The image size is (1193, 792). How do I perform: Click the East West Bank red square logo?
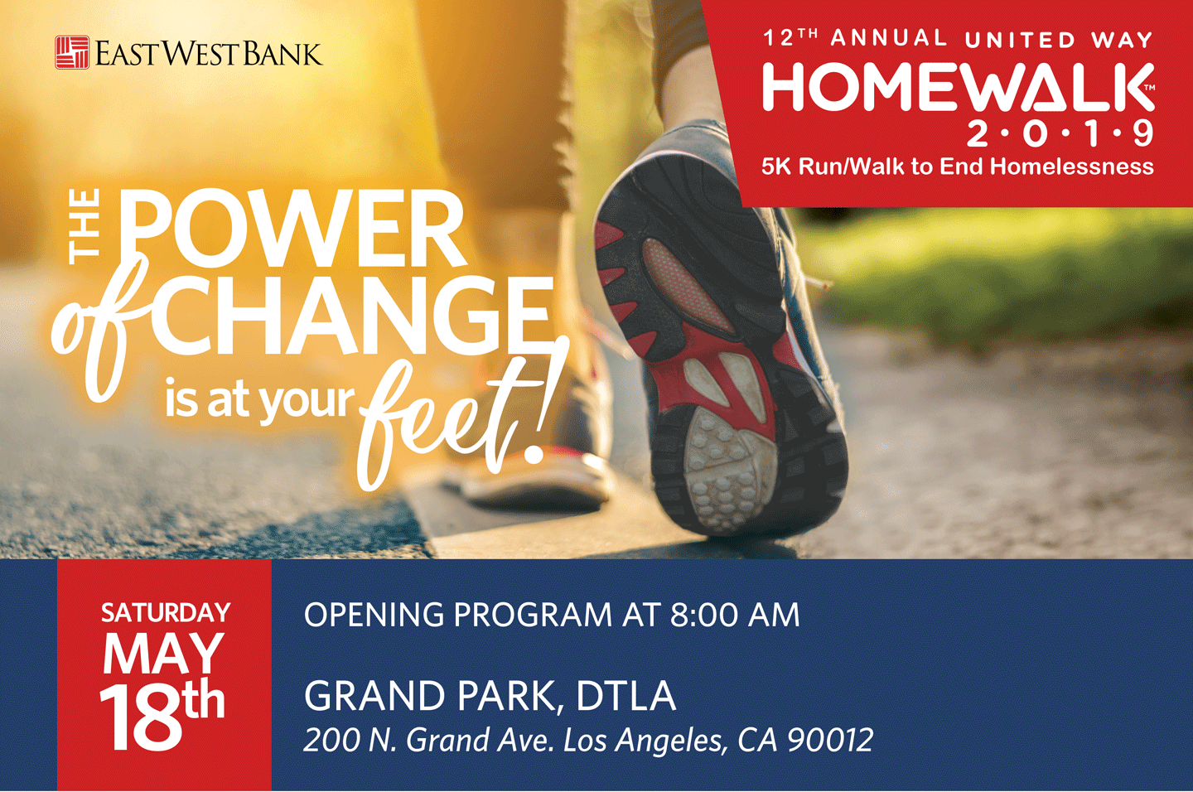coord(72,52)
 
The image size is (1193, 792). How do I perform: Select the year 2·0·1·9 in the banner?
coord(1060,133)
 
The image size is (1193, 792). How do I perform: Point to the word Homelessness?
coord(1072,167)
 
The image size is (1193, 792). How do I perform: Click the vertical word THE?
coord(85,225)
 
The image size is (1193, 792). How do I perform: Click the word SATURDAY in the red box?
coord(165,612)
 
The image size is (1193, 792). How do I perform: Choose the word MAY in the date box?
coord(163,654)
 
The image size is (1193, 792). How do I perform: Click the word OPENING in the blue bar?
coord(374,615)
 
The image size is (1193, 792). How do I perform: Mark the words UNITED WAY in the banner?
coord(1059,39)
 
